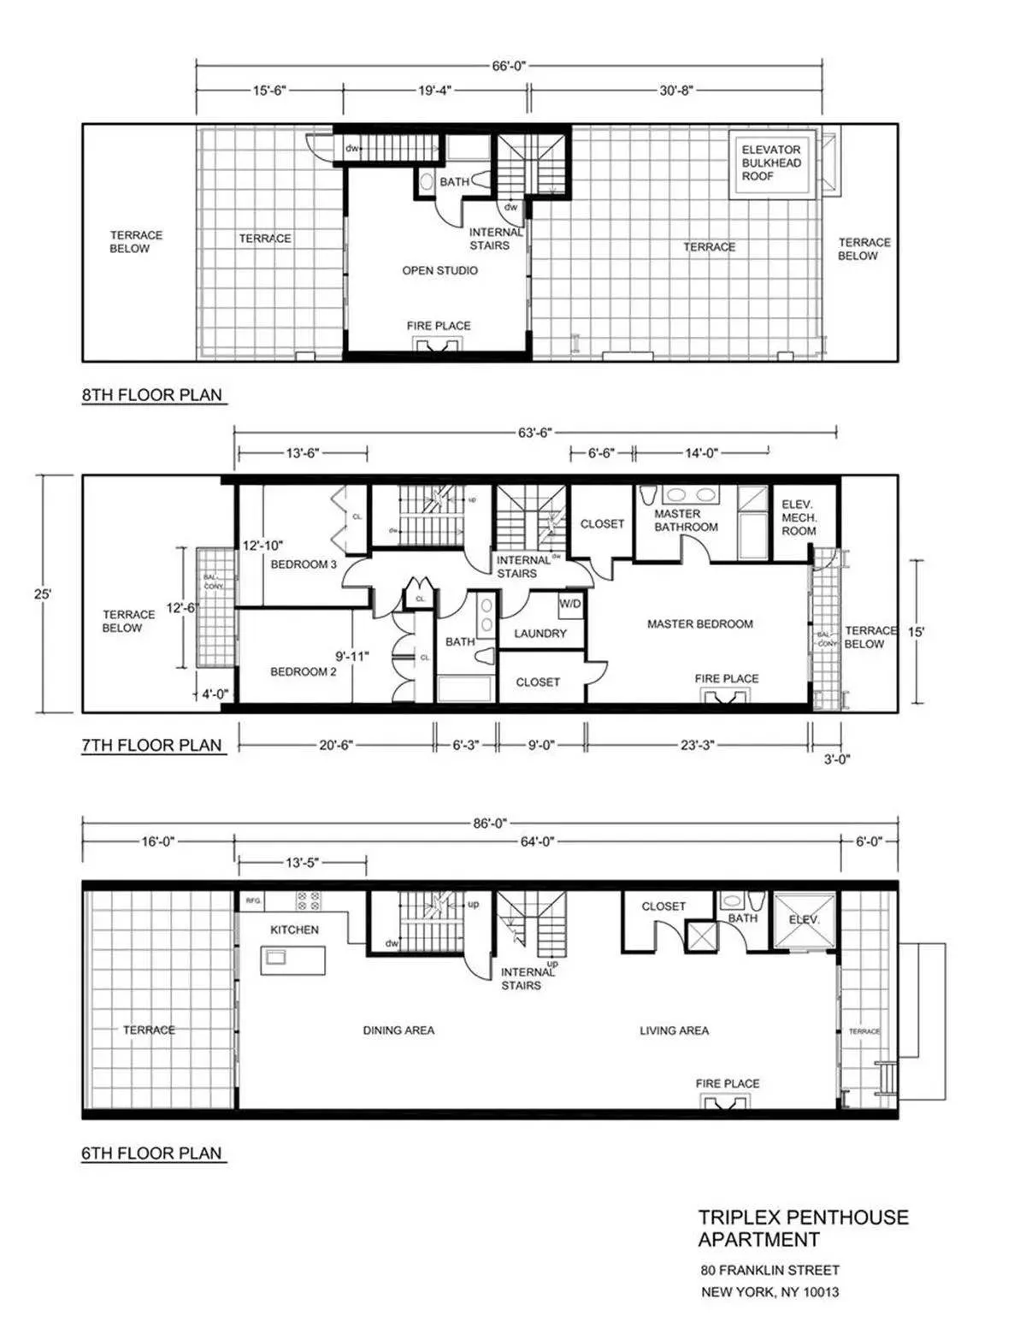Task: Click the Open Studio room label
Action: tap(439, 270)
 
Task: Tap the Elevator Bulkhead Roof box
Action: tap(771, 163)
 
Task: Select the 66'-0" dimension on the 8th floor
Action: tap(509, 66)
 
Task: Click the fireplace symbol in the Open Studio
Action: tap(439, 344)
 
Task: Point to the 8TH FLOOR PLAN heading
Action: tap(152, 395)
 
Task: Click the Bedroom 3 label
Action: tap(304, 564)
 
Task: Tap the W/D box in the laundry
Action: tap(570, 604)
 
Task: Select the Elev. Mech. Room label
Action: tap(799, 517)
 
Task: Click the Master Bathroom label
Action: tap(686, 520)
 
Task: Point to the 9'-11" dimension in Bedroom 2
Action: tap(351, 657)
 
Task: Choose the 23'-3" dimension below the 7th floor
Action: tap(697, 745)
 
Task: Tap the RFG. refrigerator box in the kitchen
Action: tap(252, 901)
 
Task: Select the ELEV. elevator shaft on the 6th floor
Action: tap(804, 920)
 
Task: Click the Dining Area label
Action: tap(398, 1030)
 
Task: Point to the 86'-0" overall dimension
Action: tap(490, 823)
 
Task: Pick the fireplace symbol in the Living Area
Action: tap(728, 1101)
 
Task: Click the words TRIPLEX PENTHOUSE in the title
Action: tap(803, 1217)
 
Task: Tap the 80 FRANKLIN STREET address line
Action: tap(769, 1270)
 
